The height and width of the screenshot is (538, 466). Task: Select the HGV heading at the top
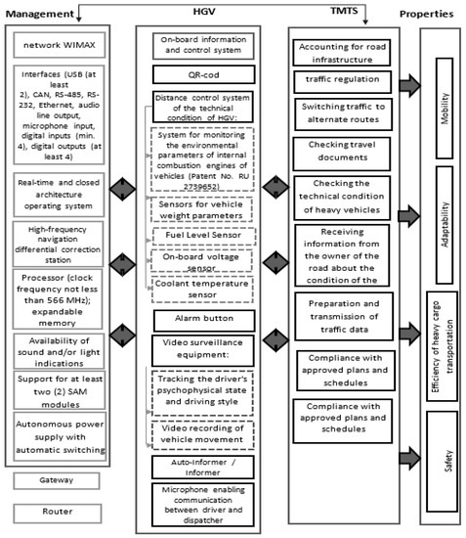click(203, 13)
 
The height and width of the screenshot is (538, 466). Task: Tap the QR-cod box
click(203, 73)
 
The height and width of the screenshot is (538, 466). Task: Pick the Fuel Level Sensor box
click(203, 236)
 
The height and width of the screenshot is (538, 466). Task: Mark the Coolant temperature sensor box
click(203, 289)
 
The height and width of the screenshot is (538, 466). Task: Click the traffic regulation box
click(341, 80)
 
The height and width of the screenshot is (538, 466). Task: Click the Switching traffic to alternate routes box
click(341, 112)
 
